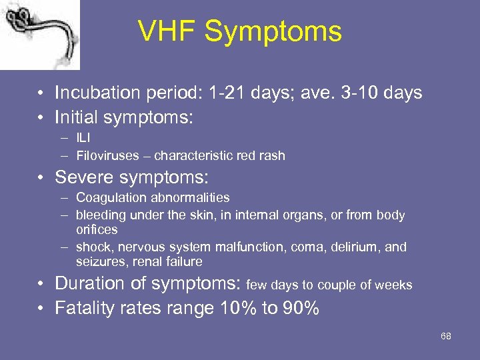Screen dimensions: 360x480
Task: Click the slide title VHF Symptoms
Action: tap(239, 31)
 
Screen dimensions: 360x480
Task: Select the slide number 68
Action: tap(445, 336)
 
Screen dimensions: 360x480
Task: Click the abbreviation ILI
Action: tap(83, 139)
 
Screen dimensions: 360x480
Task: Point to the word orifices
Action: tap(97, 230)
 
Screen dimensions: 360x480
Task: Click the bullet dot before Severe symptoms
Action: tap(42, 178)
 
